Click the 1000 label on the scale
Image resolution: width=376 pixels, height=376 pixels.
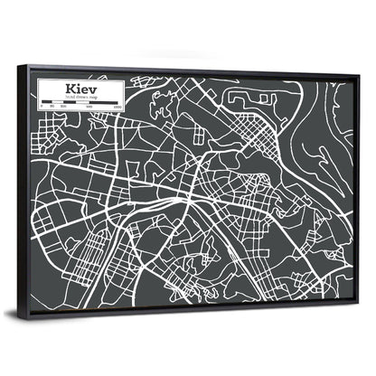[117, 110]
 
